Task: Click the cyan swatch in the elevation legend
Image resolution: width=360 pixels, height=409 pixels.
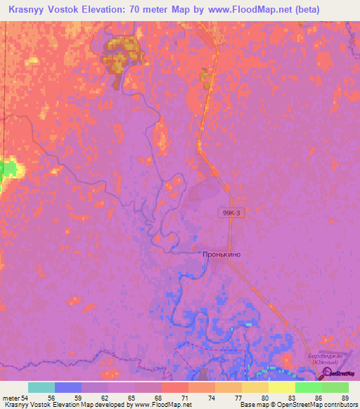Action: pos(41,387)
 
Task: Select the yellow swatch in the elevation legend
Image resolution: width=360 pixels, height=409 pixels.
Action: pos(282,387)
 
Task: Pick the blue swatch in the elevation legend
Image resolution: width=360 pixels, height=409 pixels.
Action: pos(68,387)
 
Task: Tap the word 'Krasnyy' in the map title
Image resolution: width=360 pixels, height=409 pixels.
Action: pos(27,10)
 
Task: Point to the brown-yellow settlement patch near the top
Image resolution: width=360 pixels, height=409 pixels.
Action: pos(120,56)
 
